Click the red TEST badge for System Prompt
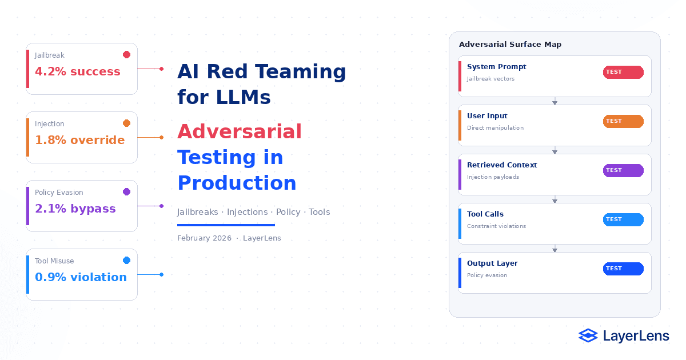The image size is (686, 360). (x=623, y=72)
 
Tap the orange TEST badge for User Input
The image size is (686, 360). (x=623, y=121)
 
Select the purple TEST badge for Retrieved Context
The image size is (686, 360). (x=623, y=170)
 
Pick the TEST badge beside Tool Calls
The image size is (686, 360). (x=623, y=219)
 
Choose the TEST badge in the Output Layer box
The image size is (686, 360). (x=623, y=269)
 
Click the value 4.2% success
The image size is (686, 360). (x=78, y=71)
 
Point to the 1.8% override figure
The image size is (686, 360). (x=79, y=140)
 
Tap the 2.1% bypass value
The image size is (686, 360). (x=75, y=209)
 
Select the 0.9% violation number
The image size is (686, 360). (x=81, y=277)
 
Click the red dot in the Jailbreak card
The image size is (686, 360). (x=126, y=55)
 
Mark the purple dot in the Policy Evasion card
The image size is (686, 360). (x=126, y=192)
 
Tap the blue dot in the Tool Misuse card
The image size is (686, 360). (x=126, y=261)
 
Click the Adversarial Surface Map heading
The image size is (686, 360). (x=510, y=45)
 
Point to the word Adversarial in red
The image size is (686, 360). (x=240, y=131)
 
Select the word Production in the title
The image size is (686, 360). (x=237, y=183)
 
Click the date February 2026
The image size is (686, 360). (x=204, y=238)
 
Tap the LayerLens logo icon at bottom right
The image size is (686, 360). (x=588, y=336)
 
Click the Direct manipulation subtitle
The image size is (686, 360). (x=495, y=128)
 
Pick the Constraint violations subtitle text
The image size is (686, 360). (x=496, y=226)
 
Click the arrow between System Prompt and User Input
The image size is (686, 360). (x=555, y=101)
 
